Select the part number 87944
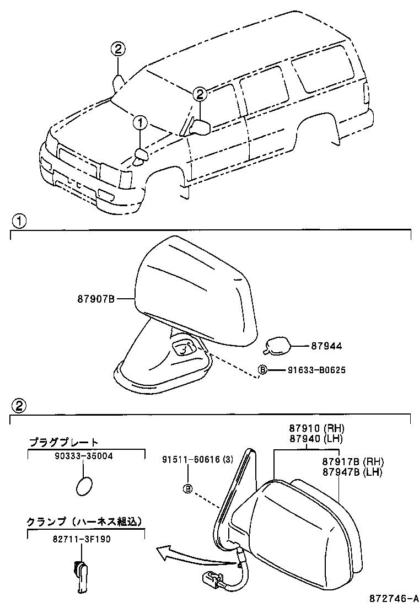click(326, 346)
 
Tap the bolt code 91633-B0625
click(316, 370)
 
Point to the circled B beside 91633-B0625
click(263, 370)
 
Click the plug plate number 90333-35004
click(83, 456)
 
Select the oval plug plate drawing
click(84, 487)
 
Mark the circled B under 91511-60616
click(187, 488)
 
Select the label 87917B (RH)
click(352, 462)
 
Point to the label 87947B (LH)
click(352, 472)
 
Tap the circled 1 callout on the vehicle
click(140, 122)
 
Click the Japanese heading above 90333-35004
click(64, 442)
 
